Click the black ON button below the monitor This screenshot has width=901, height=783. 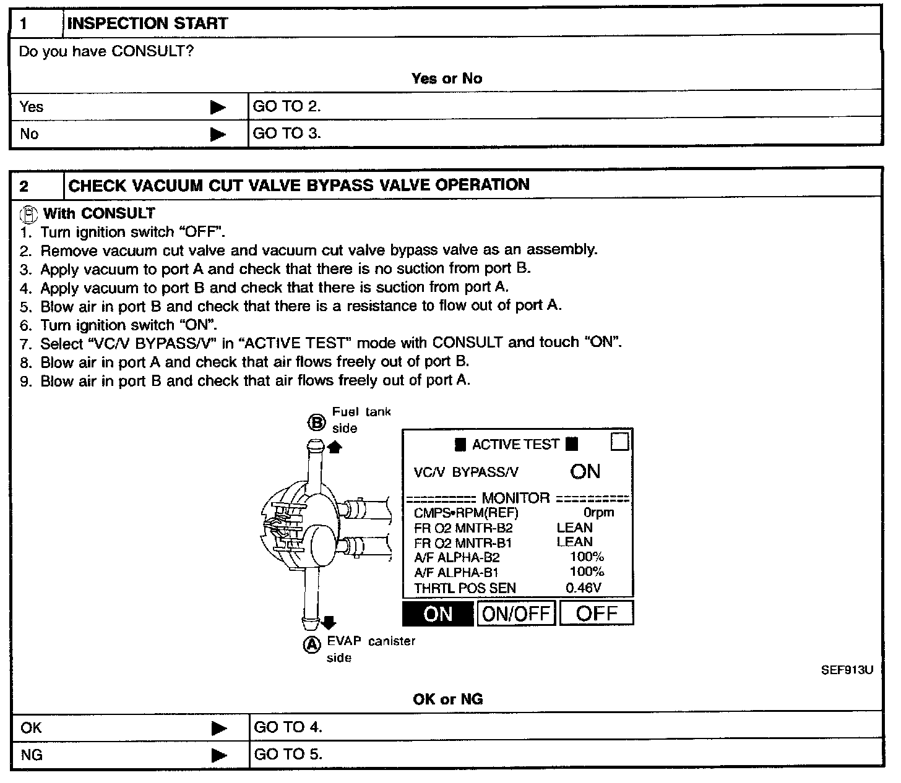[438, 614]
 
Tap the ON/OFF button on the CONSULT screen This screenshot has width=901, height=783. [516, 614]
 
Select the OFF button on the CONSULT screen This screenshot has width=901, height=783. [597, 614]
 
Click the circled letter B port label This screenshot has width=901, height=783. [316, 422]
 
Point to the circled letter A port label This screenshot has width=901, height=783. [312, 644]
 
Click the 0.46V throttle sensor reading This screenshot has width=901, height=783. [584, 588]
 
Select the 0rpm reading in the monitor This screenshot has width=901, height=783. [598, 513]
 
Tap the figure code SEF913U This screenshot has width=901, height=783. [847, 670]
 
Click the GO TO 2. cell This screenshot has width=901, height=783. [287, 106]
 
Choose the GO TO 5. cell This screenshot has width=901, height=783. [288, 755]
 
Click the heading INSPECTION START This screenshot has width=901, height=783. [147, 24]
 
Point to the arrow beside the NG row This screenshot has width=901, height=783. [219, 755]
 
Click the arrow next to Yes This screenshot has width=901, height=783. [218, 108]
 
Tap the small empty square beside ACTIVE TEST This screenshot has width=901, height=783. [619, 442]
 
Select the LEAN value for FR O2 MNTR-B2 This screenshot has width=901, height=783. [574, 528]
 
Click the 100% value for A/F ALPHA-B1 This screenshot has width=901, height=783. [587, 572]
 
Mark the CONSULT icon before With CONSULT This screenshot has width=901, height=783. [28, 214]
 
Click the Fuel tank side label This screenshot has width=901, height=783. [361, 420]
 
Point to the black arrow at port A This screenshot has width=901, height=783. [329, 622]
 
